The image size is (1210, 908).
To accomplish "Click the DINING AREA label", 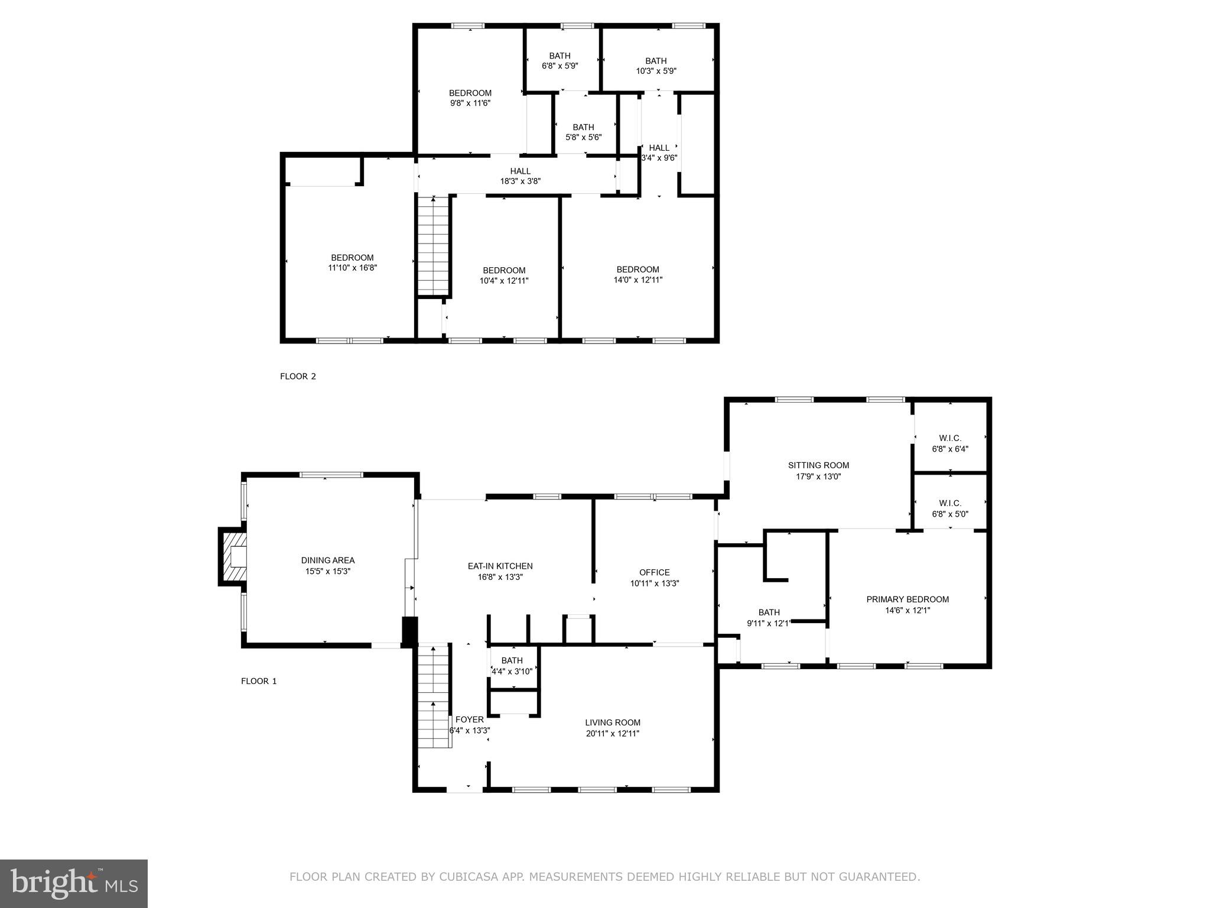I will [327, 560].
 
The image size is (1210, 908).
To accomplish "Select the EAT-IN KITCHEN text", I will [500, 566].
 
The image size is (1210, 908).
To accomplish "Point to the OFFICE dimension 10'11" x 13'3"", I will [654, 583].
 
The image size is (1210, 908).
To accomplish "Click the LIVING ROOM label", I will [612, 722].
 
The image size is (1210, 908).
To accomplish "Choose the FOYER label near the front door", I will [469, 719].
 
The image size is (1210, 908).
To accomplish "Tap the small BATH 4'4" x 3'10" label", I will [512, 666].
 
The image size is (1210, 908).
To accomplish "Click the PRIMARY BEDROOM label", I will [907, 599].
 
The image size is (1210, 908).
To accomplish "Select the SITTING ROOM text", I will [818, 465].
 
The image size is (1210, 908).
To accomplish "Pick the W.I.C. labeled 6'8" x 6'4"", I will [949, 443].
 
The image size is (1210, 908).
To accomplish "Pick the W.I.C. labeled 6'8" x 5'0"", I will [949, 508].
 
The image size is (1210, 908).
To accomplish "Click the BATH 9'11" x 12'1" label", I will [769, 617].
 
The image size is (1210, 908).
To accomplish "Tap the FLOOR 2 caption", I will [298, 376].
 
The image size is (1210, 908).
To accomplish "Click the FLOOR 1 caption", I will [259, 681].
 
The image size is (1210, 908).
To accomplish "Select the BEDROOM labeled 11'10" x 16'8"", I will [352, 262].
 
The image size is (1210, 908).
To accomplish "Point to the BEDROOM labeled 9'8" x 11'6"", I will [470, 98].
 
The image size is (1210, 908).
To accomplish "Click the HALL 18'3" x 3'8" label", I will [520, 176].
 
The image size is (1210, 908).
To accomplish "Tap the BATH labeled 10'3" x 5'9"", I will [655, 66].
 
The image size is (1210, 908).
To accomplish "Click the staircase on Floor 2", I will [434, 245].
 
